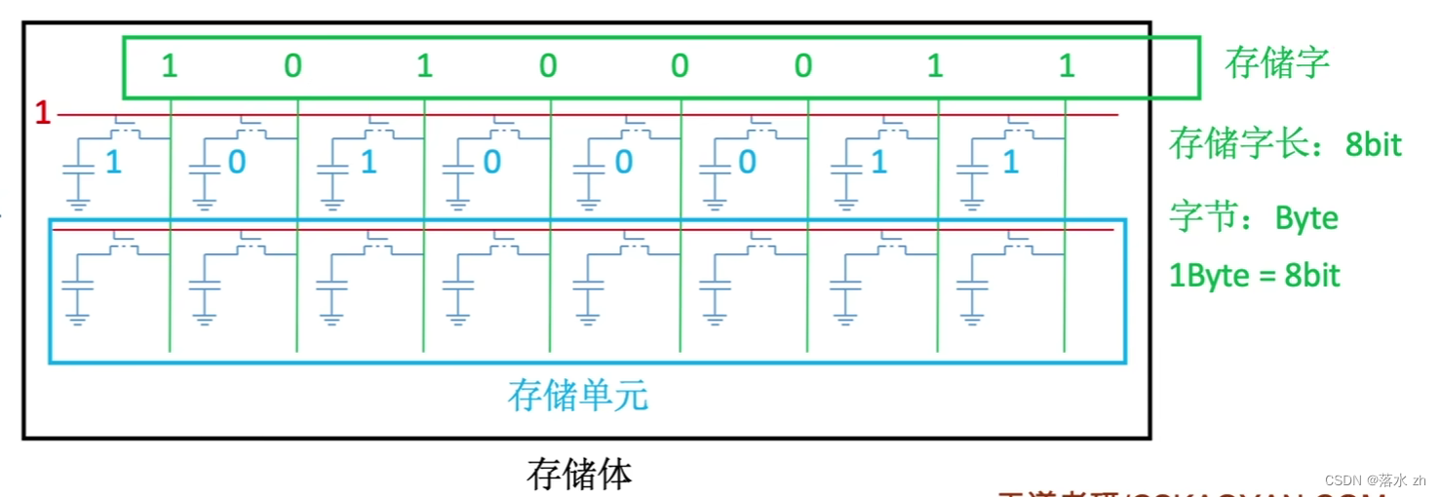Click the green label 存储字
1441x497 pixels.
tap(1276, 64)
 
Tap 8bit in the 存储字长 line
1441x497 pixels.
tap(1373, 145)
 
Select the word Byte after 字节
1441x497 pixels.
tap(1306, 218)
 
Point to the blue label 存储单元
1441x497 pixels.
tap(577, 397)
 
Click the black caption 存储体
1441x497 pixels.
tap(579, 475)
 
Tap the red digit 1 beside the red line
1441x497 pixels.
tap(42, 114)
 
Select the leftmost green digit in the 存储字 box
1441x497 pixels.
tap(170, 66)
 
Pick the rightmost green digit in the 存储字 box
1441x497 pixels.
tap(1067, 66)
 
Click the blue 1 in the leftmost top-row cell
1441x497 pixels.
tap(113, 163)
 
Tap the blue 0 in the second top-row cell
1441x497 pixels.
tap(237, 163)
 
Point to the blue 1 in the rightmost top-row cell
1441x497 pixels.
tap(1011, 163)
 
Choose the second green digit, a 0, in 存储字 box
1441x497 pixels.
tap(292, 66)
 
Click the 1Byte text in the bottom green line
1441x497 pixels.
tap(1209, 276)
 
